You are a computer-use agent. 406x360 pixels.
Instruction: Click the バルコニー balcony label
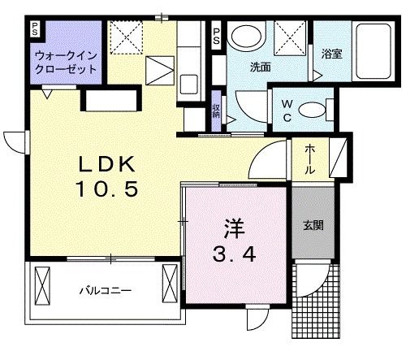[x=105, y=289]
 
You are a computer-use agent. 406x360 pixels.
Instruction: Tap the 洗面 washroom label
[x=260, y=67]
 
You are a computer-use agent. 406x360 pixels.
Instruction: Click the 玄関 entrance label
[x=313, y=226]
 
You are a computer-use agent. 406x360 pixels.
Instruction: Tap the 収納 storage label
[x=217, y=110]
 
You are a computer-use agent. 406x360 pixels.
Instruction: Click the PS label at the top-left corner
[x=35, y=29]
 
